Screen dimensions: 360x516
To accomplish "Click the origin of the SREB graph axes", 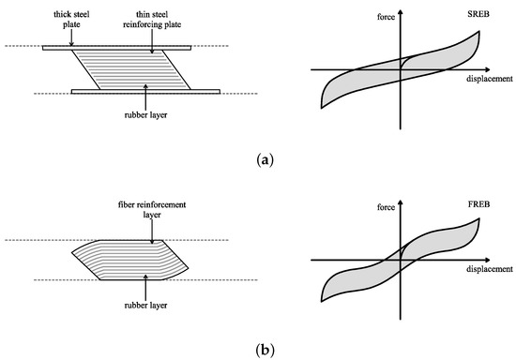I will (401, 68).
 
